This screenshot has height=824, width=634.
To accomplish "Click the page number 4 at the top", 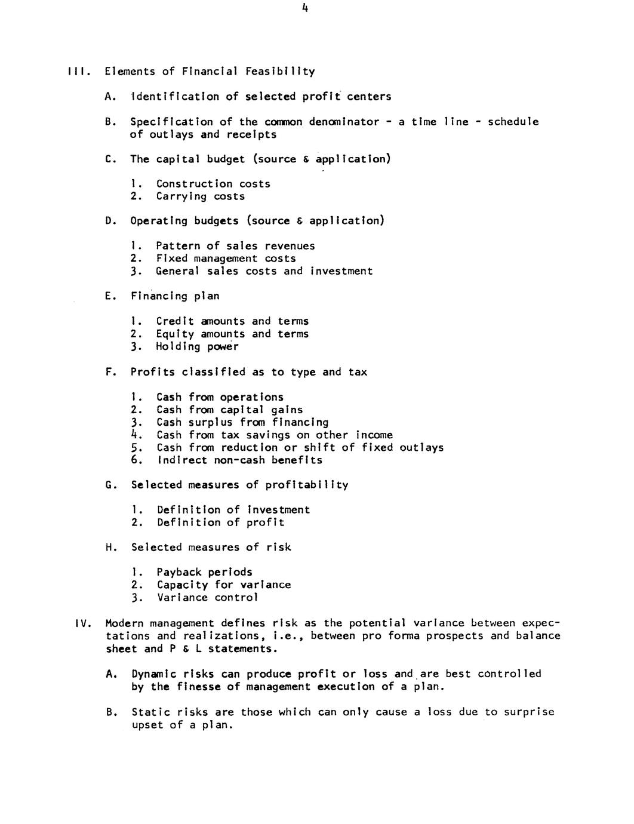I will pyautogui.click(x=304, y=8).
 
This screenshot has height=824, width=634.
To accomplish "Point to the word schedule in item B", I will pyautogui.click(x=513, y=122).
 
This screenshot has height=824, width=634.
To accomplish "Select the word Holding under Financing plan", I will pyautogui.click(x=178, y=347).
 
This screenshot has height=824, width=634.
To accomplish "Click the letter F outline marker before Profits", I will pyautogui.click(x=109, y=372).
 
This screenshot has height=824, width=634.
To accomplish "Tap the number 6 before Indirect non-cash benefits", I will pyautogui.click(x=136, y=460).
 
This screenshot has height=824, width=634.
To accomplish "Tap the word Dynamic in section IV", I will pyautogui.click(x=153, y=674).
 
